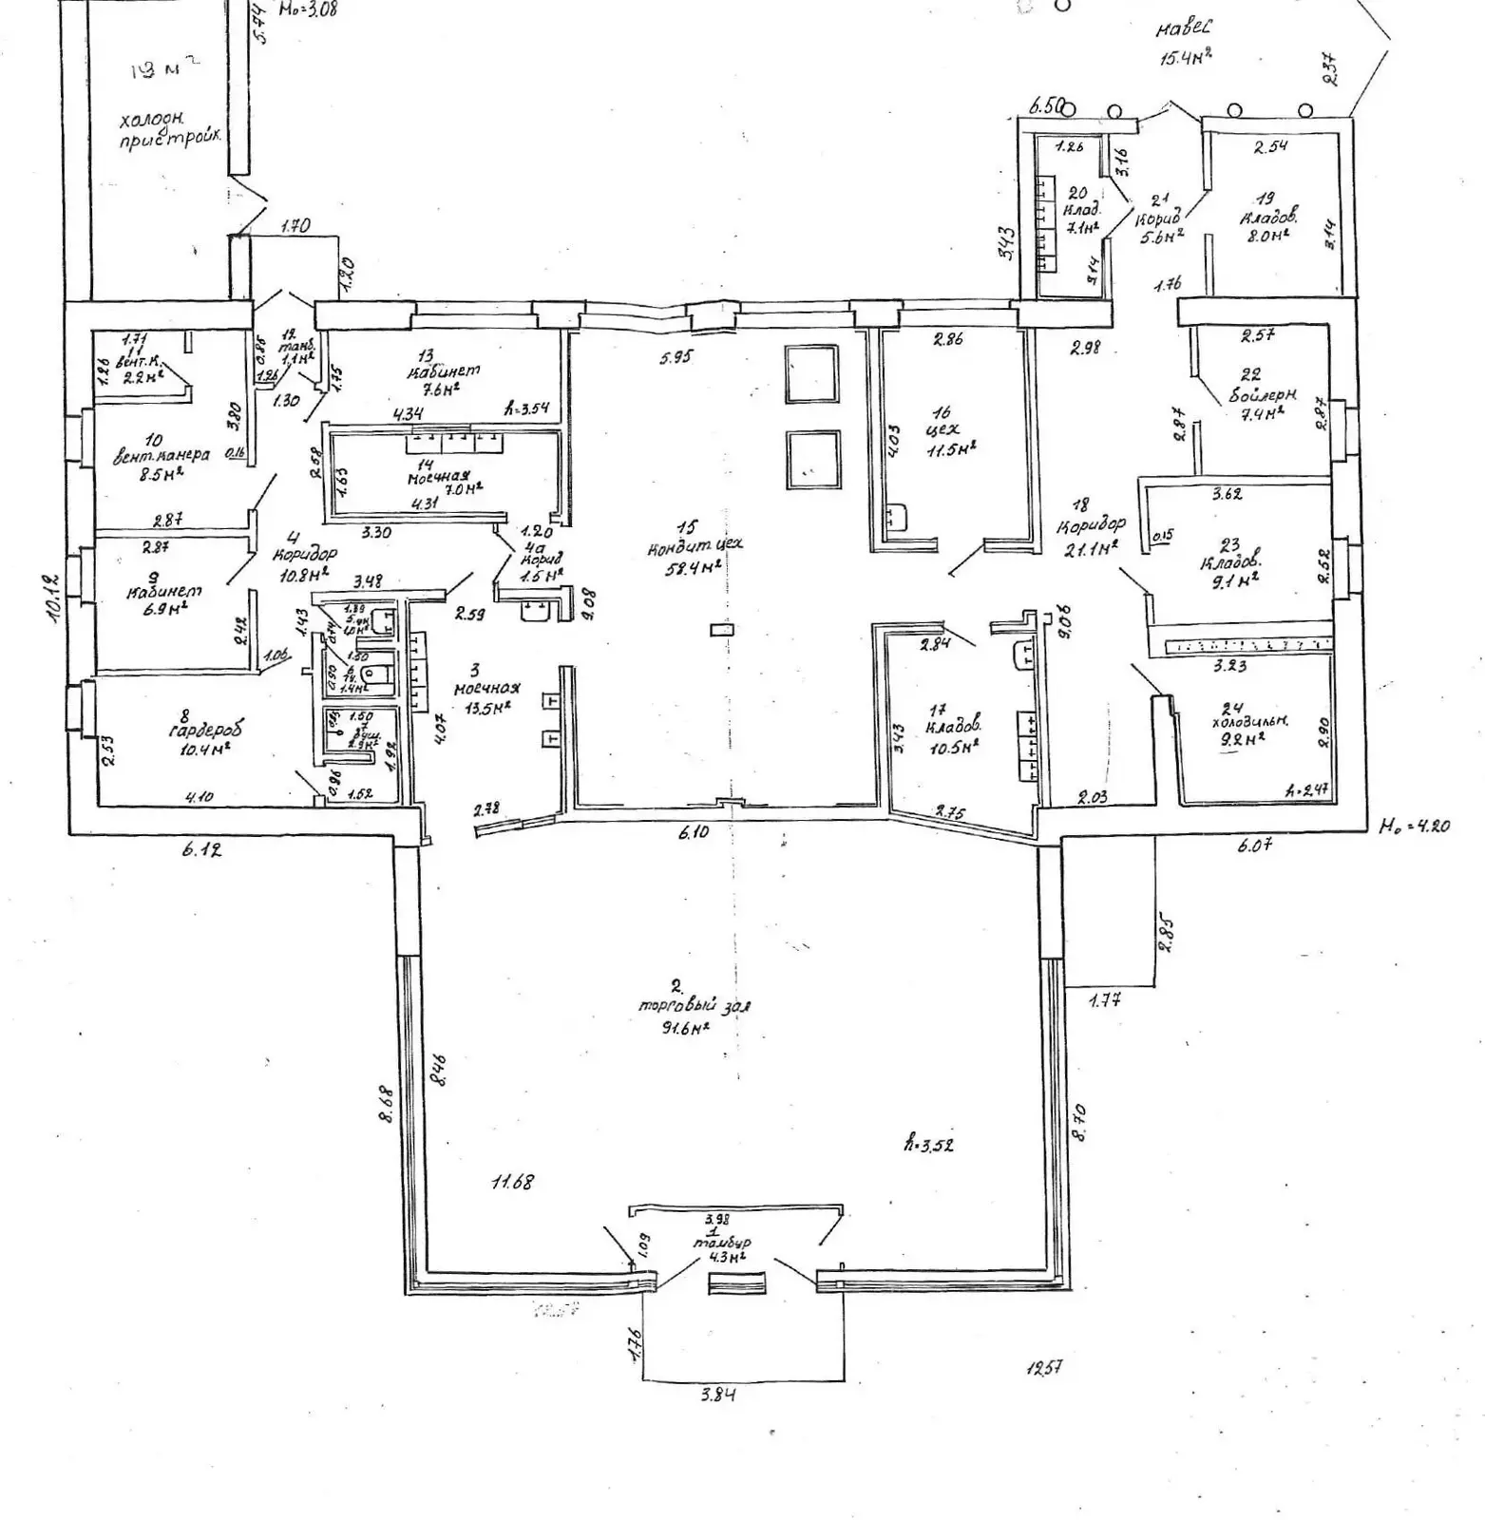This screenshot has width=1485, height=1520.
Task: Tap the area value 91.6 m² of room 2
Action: (x=686, y=1028)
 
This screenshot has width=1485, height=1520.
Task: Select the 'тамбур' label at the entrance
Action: (x=722, y=1243)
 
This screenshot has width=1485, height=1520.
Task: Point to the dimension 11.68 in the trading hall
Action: (x=512, y=1183)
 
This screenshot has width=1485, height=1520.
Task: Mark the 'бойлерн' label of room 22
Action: (x=1263, y=394)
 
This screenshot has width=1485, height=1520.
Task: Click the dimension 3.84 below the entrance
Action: (x=717, y=1395)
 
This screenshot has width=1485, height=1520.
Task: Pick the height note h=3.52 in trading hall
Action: (x=928, y=1144)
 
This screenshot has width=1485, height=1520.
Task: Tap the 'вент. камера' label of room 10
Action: (x=162, y=455)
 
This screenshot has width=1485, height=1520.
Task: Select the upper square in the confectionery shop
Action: (x=811, y=373)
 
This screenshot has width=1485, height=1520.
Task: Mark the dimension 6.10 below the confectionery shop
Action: (x=695, y=832)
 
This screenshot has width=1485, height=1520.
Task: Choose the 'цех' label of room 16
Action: (x=942, y=430)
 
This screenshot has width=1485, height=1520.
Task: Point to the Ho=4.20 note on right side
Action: (x=1415, y=826)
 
